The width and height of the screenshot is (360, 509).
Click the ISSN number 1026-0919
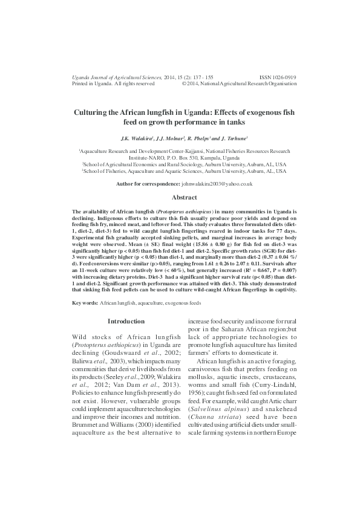pos(278,77)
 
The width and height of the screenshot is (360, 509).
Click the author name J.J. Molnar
pos(170,138)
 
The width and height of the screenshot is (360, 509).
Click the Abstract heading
pos(184,197)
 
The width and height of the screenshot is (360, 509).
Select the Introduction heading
pos(126,321)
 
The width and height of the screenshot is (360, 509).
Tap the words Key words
pos(84,301)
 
